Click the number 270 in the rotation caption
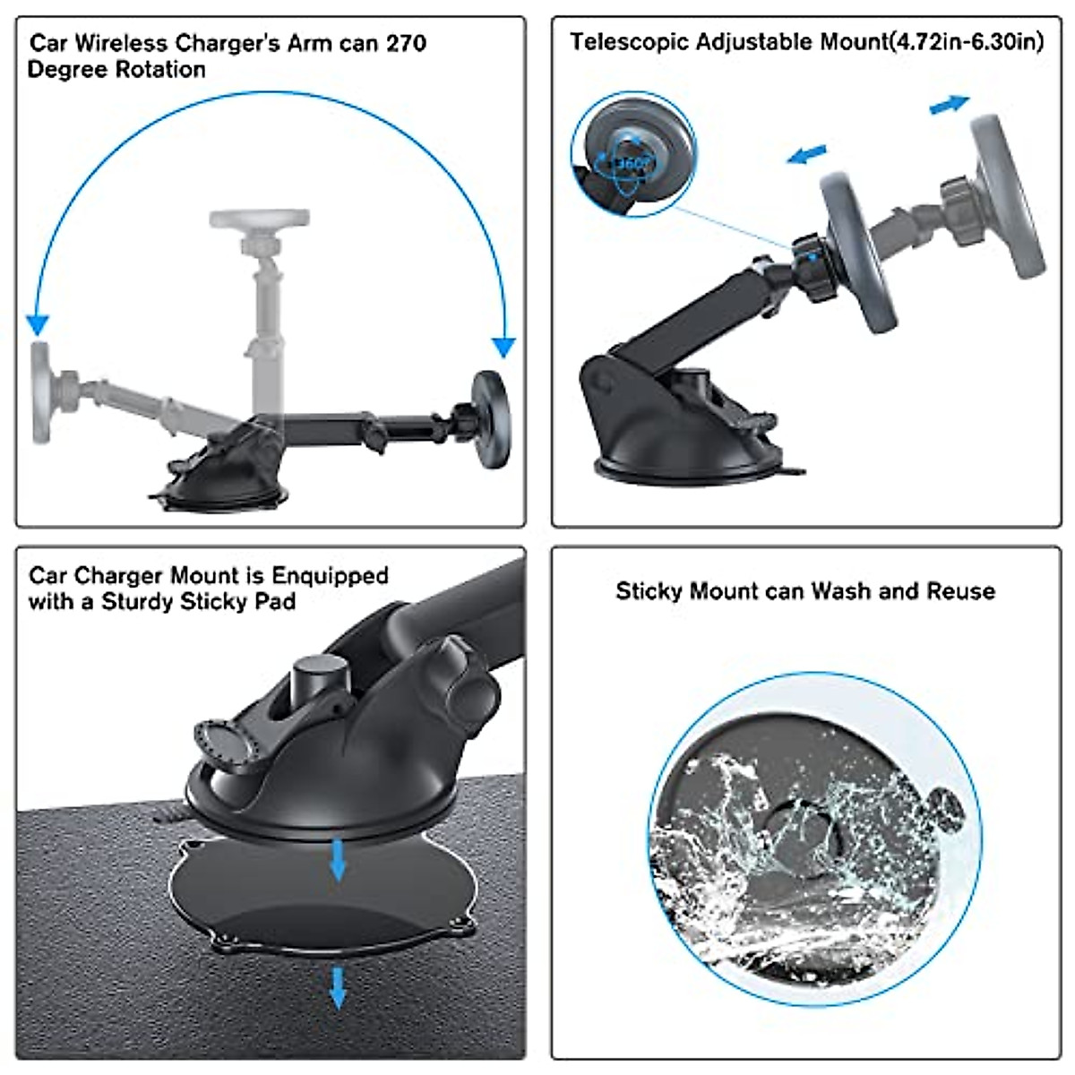click(406, 43)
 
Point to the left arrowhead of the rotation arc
click(37, 325)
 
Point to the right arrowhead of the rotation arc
click(504, 347)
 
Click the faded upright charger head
click(260, 219)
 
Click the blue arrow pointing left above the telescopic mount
click(806, 155)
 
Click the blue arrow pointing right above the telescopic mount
click(949, 105)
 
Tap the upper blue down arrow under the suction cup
click(338, 859)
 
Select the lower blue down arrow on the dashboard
click(338, 986)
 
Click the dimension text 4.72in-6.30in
click(967, 41)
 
